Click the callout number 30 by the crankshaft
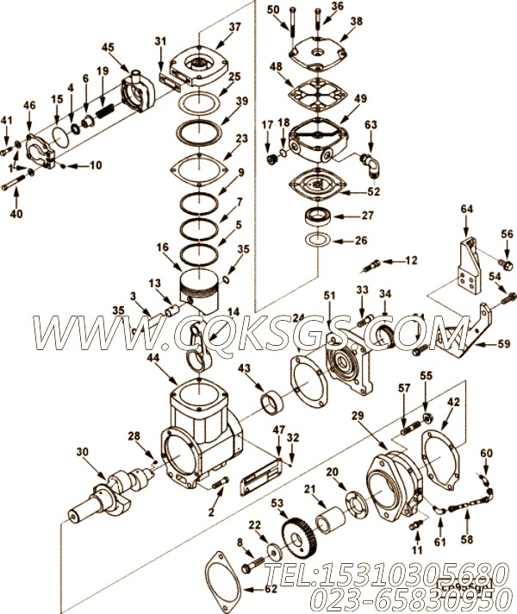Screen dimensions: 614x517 tap(82, 452)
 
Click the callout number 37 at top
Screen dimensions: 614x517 tap(211, 27)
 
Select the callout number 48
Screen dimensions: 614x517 tap(277, 66)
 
